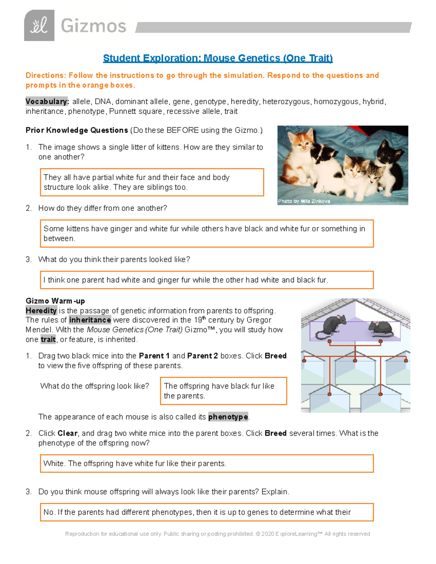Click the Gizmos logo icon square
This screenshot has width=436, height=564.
39,25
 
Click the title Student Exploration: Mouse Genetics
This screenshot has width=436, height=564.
218,58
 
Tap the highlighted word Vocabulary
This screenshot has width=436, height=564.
47,102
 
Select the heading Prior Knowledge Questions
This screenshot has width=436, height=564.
77,130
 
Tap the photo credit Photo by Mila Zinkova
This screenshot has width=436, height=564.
304,201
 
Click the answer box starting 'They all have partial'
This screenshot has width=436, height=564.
152,182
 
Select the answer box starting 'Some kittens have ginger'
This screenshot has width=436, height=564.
206,234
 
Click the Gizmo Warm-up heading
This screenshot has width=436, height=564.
55,301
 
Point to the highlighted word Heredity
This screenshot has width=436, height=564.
41,311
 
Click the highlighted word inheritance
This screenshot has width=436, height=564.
90,320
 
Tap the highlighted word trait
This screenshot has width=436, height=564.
48,340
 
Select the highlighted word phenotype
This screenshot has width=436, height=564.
228,417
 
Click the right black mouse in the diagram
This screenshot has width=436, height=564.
381,328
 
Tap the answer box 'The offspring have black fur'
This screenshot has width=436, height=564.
223,391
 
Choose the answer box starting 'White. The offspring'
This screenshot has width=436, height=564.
206,464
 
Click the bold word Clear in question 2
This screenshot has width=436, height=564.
67,433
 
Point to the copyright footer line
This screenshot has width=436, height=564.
217,534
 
